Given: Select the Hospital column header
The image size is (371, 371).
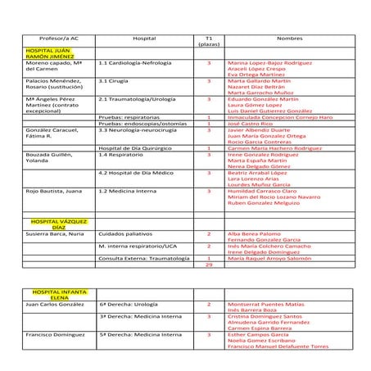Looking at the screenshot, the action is point(143,38).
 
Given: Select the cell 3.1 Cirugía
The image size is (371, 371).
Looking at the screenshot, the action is point(116,82).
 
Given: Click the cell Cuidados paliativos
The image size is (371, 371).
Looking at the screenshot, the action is point(124,233).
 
